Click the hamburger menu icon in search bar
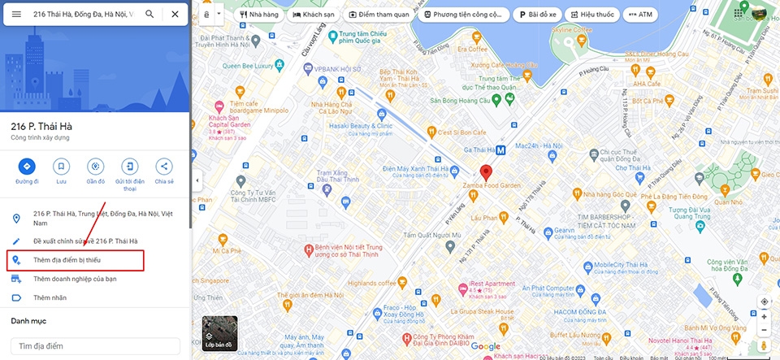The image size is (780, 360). (16, 14)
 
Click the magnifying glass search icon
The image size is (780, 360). (149, 14)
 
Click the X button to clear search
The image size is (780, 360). (175, 14)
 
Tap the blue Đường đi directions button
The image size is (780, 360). (27, 167)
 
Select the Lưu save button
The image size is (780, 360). (61, 167)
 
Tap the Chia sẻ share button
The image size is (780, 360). (164, 167)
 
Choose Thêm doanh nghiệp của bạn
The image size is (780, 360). (75, 279)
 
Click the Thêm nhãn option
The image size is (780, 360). (50, 297)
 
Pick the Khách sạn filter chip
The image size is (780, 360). (313, 15)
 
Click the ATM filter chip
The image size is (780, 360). (639, 15)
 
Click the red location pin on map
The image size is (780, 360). (486, 171)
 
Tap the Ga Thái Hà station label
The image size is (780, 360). (479, 150)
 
